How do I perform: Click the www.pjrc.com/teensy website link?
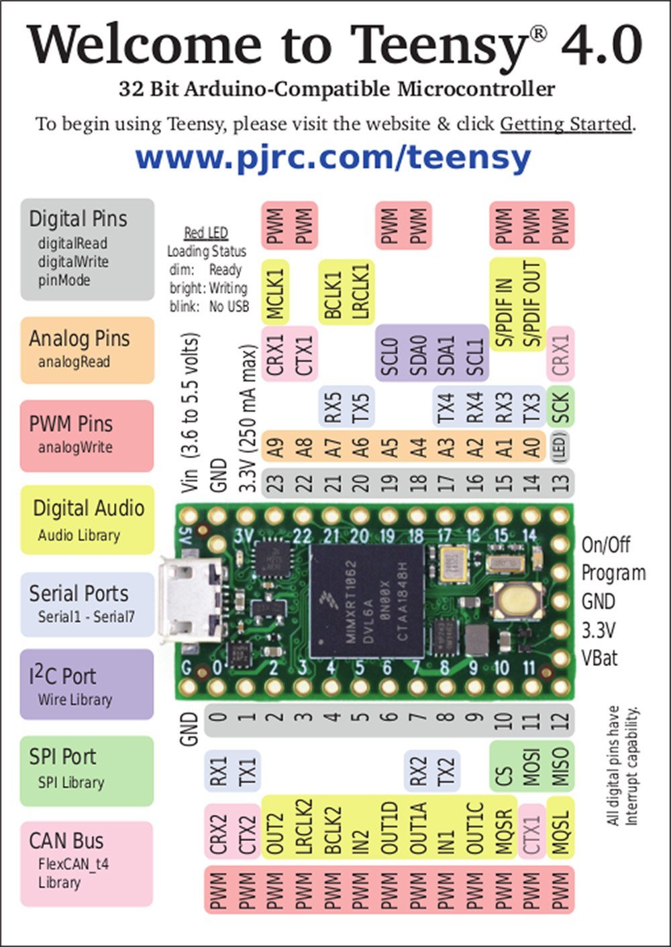(x=333, y=158)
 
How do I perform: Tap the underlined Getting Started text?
(x=566, y=124)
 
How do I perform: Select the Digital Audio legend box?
(x=87, y=520)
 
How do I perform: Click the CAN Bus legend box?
(x=87, y=862)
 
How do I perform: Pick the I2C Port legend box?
(x=87, y=685)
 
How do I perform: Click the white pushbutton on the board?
(x=517, y=599)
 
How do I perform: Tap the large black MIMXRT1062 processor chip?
(x=368, y=601)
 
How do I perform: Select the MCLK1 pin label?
(x=276, y=292)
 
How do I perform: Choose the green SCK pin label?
(x=560, y=407)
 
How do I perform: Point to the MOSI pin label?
(x=532, y=767)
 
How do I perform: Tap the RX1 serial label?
(x=219, y=771)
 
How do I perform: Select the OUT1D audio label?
(x=389, y=828)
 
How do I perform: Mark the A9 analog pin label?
(x=275, y=447)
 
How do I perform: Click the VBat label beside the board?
(x=600, y=658)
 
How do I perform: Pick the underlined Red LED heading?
(x=206, y=233)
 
